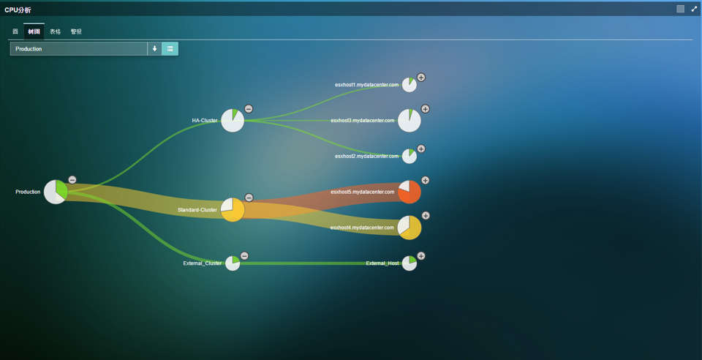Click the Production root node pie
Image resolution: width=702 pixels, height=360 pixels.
(56, 192)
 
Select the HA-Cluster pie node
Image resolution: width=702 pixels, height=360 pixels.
(233, 121)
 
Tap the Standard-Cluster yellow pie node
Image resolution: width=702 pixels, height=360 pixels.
(233, 210)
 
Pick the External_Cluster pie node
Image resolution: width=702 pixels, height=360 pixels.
(233, 263)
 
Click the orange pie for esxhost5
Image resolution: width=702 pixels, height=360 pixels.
(409, 192)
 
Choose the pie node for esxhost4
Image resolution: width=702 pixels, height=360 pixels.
(409, 228)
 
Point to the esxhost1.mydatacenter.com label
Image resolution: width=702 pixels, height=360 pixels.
(366, 85)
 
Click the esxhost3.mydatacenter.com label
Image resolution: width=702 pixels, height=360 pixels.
(362, 121)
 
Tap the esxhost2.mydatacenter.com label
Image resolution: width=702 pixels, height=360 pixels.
(366, 156)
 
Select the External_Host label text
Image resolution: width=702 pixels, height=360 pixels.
(382, 263)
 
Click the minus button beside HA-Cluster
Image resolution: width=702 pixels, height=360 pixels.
(249, 109)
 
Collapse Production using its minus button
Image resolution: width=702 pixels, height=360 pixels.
(72, 180)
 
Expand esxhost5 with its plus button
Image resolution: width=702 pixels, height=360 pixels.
(425, 180)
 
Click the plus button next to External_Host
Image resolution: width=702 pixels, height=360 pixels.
(421, 256)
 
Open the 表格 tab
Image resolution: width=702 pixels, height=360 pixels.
(56, 31)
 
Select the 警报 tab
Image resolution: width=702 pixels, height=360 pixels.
(76, 31)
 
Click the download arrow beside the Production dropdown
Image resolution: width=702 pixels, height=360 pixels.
(154, 49)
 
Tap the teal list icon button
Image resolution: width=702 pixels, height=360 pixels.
(170, 49)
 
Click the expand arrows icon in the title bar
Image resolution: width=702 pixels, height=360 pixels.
(694, 9)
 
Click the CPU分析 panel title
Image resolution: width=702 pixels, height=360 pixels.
(18, 10)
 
